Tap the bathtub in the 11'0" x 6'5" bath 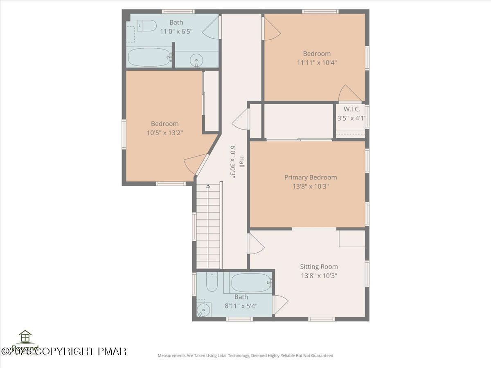149,57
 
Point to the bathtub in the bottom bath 251,282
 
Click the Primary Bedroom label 311,177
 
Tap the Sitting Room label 319,267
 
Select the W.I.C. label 351,109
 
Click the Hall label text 242,162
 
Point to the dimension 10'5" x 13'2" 164,132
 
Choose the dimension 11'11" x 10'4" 317,63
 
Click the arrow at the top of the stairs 208,187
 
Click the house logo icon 25,337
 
